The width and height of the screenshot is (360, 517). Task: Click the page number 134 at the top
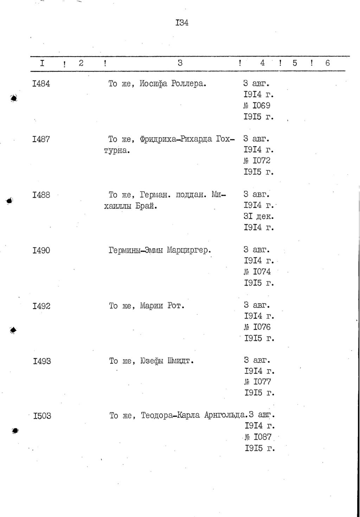(x=182, y=23)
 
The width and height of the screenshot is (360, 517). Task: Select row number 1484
(x=41, y=84)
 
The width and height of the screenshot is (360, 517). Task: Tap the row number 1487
(x=41, y=139)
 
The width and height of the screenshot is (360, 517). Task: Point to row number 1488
(x=41, y=195)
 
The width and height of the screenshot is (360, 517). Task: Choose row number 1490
(x=41, y=250)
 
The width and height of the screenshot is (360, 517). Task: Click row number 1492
(x=41, y=306)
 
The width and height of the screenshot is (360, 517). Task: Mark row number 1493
(x=42, y=361)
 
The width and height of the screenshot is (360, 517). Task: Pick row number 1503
(x=42, y=416)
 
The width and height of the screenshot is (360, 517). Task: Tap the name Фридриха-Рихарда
(x=176, y=139)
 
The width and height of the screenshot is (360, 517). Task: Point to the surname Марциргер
(x=189, y=250)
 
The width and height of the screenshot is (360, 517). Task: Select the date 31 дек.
(x=259, y=217)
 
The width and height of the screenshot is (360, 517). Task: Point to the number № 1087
(x=258, y=437)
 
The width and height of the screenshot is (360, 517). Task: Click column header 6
(x=328, y=63)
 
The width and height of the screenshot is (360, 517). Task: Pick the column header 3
(x=180, y=63)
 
